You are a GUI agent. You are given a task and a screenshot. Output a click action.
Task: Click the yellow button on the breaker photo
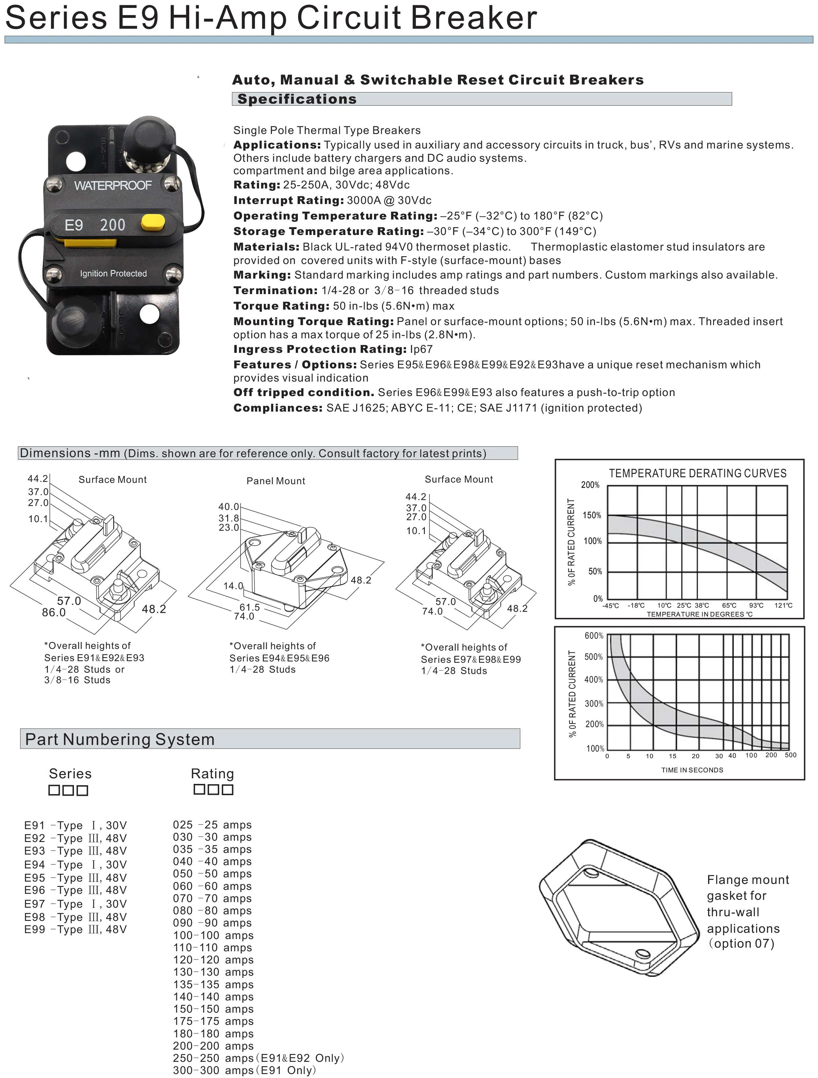pos(153,223)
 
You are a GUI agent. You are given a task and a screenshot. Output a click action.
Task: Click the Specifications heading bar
pos(481,99)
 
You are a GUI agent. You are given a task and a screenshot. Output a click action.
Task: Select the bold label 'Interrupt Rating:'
pos(289,200)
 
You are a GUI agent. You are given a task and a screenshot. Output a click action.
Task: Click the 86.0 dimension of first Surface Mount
pos(53,612)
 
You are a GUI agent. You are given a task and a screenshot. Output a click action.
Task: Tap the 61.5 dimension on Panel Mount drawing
pos(250,607)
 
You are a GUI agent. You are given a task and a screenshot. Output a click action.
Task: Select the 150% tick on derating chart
pos(592,515)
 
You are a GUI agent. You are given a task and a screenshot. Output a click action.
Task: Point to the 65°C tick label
pos(729,605)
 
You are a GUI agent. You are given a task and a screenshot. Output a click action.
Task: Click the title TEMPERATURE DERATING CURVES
pos(697,473)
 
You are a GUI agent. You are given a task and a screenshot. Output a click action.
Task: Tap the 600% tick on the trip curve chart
pos(594,635)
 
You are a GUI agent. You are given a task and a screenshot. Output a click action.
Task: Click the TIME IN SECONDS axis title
pos(692,770)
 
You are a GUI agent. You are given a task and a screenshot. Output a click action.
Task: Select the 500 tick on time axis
pos(790,755)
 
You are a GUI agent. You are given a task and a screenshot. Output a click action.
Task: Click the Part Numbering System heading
pos(120,739)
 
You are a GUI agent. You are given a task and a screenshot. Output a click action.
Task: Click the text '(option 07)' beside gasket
pos(741,943)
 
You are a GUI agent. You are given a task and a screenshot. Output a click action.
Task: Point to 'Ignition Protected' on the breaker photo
pos(113,273)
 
